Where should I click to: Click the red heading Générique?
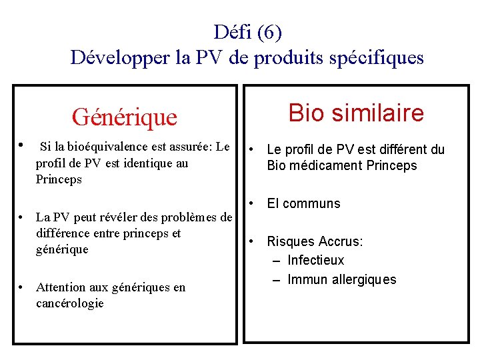click(125, 117)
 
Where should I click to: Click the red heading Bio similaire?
click(356, 113)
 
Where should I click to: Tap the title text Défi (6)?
click(248, 31)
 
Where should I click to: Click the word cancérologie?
click(70, 303)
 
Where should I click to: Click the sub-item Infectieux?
click(316, 260)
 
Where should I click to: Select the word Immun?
click(307, 279)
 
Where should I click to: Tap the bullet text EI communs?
click(303, 203)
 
